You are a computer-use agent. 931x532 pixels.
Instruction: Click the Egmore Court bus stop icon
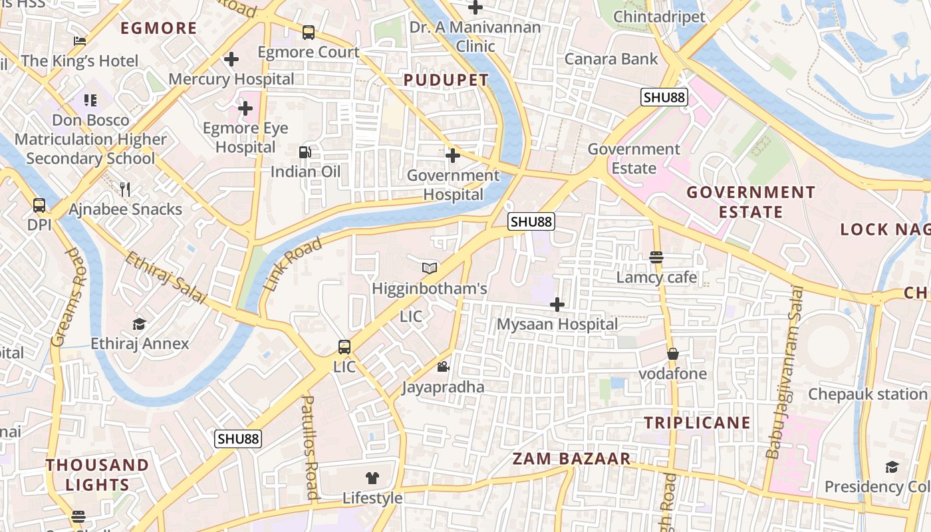point(309,32)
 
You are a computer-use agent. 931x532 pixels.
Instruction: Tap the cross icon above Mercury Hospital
point(231,59)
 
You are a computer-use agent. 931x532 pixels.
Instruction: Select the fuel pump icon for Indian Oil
point(305,152)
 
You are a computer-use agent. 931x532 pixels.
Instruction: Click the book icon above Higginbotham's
point(430,268)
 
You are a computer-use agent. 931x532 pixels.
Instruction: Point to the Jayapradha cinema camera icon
point(443,366)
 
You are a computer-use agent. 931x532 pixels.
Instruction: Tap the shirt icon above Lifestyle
point(372,477)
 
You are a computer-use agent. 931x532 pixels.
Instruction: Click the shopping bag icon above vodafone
point(673,354)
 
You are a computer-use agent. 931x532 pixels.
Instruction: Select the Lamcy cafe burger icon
point(656,257)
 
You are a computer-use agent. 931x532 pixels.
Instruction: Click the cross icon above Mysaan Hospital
point(557,305)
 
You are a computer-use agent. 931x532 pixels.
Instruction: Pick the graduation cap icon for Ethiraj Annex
point(139,324)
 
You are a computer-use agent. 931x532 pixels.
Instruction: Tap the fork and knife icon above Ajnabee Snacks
point(125,190)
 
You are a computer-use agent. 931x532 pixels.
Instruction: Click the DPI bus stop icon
point(39,205)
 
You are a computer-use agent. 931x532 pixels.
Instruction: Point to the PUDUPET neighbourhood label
point(446,80)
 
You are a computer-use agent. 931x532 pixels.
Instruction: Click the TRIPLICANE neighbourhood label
point(697,422)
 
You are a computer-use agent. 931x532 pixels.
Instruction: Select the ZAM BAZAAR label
point(571,458)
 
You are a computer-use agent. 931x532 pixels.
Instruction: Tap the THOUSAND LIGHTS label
point(97,474)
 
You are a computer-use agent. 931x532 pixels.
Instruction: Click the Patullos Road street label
point(310,447)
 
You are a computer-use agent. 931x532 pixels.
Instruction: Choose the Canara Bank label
point(611,59)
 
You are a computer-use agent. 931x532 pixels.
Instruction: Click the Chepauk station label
point(867,394)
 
